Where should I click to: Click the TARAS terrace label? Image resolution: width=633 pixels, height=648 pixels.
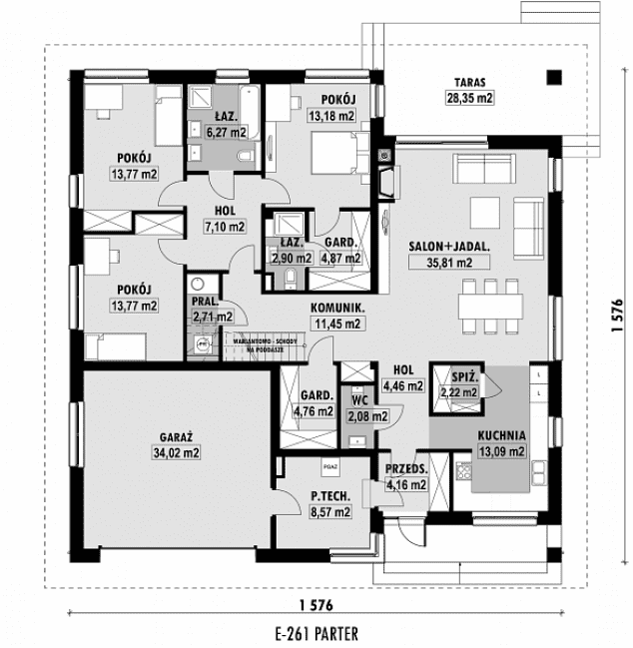coord(470,82)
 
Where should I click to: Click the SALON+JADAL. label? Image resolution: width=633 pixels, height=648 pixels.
coord(440,247)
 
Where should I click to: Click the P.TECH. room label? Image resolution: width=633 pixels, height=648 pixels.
coord(328,496)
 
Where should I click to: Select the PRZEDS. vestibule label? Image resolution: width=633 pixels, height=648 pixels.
coord(406,470)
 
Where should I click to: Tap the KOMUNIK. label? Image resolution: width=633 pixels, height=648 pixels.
coord(335,310)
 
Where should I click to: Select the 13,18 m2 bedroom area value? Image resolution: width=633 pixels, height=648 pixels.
coord(332,116)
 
